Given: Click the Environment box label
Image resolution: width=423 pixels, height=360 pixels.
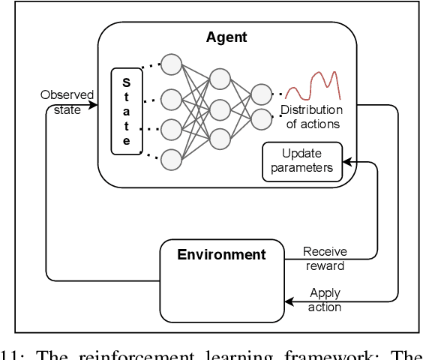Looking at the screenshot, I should coord(221,254).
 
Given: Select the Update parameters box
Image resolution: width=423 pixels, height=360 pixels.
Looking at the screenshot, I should coord(302,161).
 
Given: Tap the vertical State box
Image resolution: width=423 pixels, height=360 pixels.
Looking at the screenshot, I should coord(126,112).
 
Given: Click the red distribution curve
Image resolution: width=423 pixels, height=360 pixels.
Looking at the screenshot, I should coord(313,85).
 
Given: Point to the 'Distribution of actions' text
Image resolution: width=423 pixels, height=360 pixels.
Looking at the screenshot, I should coord(310,117).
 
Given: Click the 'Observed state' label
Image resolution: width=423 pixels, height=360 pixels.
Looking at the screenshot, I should coord(67,102).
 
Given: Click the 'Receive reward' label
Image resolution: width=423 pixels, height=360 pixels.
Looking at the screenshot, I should coord(324,259).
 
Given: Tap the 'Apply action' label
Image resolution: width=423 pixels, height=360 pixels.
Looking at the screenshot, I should coord(325,300).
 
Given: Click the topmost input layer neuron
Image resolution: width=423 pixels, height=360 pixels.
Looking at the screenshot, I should coord(172,64).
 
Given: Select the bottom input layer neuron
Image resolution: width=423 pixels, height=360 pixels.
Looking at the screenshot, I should coord(172,159).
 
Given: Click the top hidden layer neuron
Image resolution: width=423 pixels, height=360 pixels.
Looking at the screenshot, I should coord(220,79).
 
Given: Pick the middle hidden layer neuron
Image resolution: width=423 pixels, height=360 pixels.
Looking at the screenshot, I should coord(220,109).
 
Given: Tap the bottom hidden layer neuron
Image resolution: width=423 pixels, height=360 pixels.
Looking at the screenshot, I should coord(220,139).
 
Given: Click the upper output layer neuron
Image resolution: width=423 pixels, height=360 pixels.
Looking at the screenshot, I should coord(261,94).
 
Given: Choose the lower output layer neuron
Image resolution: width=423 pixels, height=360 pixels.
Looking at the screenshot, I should coord(261,118).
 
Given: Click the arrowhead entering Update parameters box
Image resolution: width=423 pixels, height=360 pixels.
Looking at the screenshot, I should coord(346,161).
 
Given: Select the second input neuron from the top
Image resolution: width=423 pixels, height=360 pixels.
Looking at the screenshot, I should coord(172,98).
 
